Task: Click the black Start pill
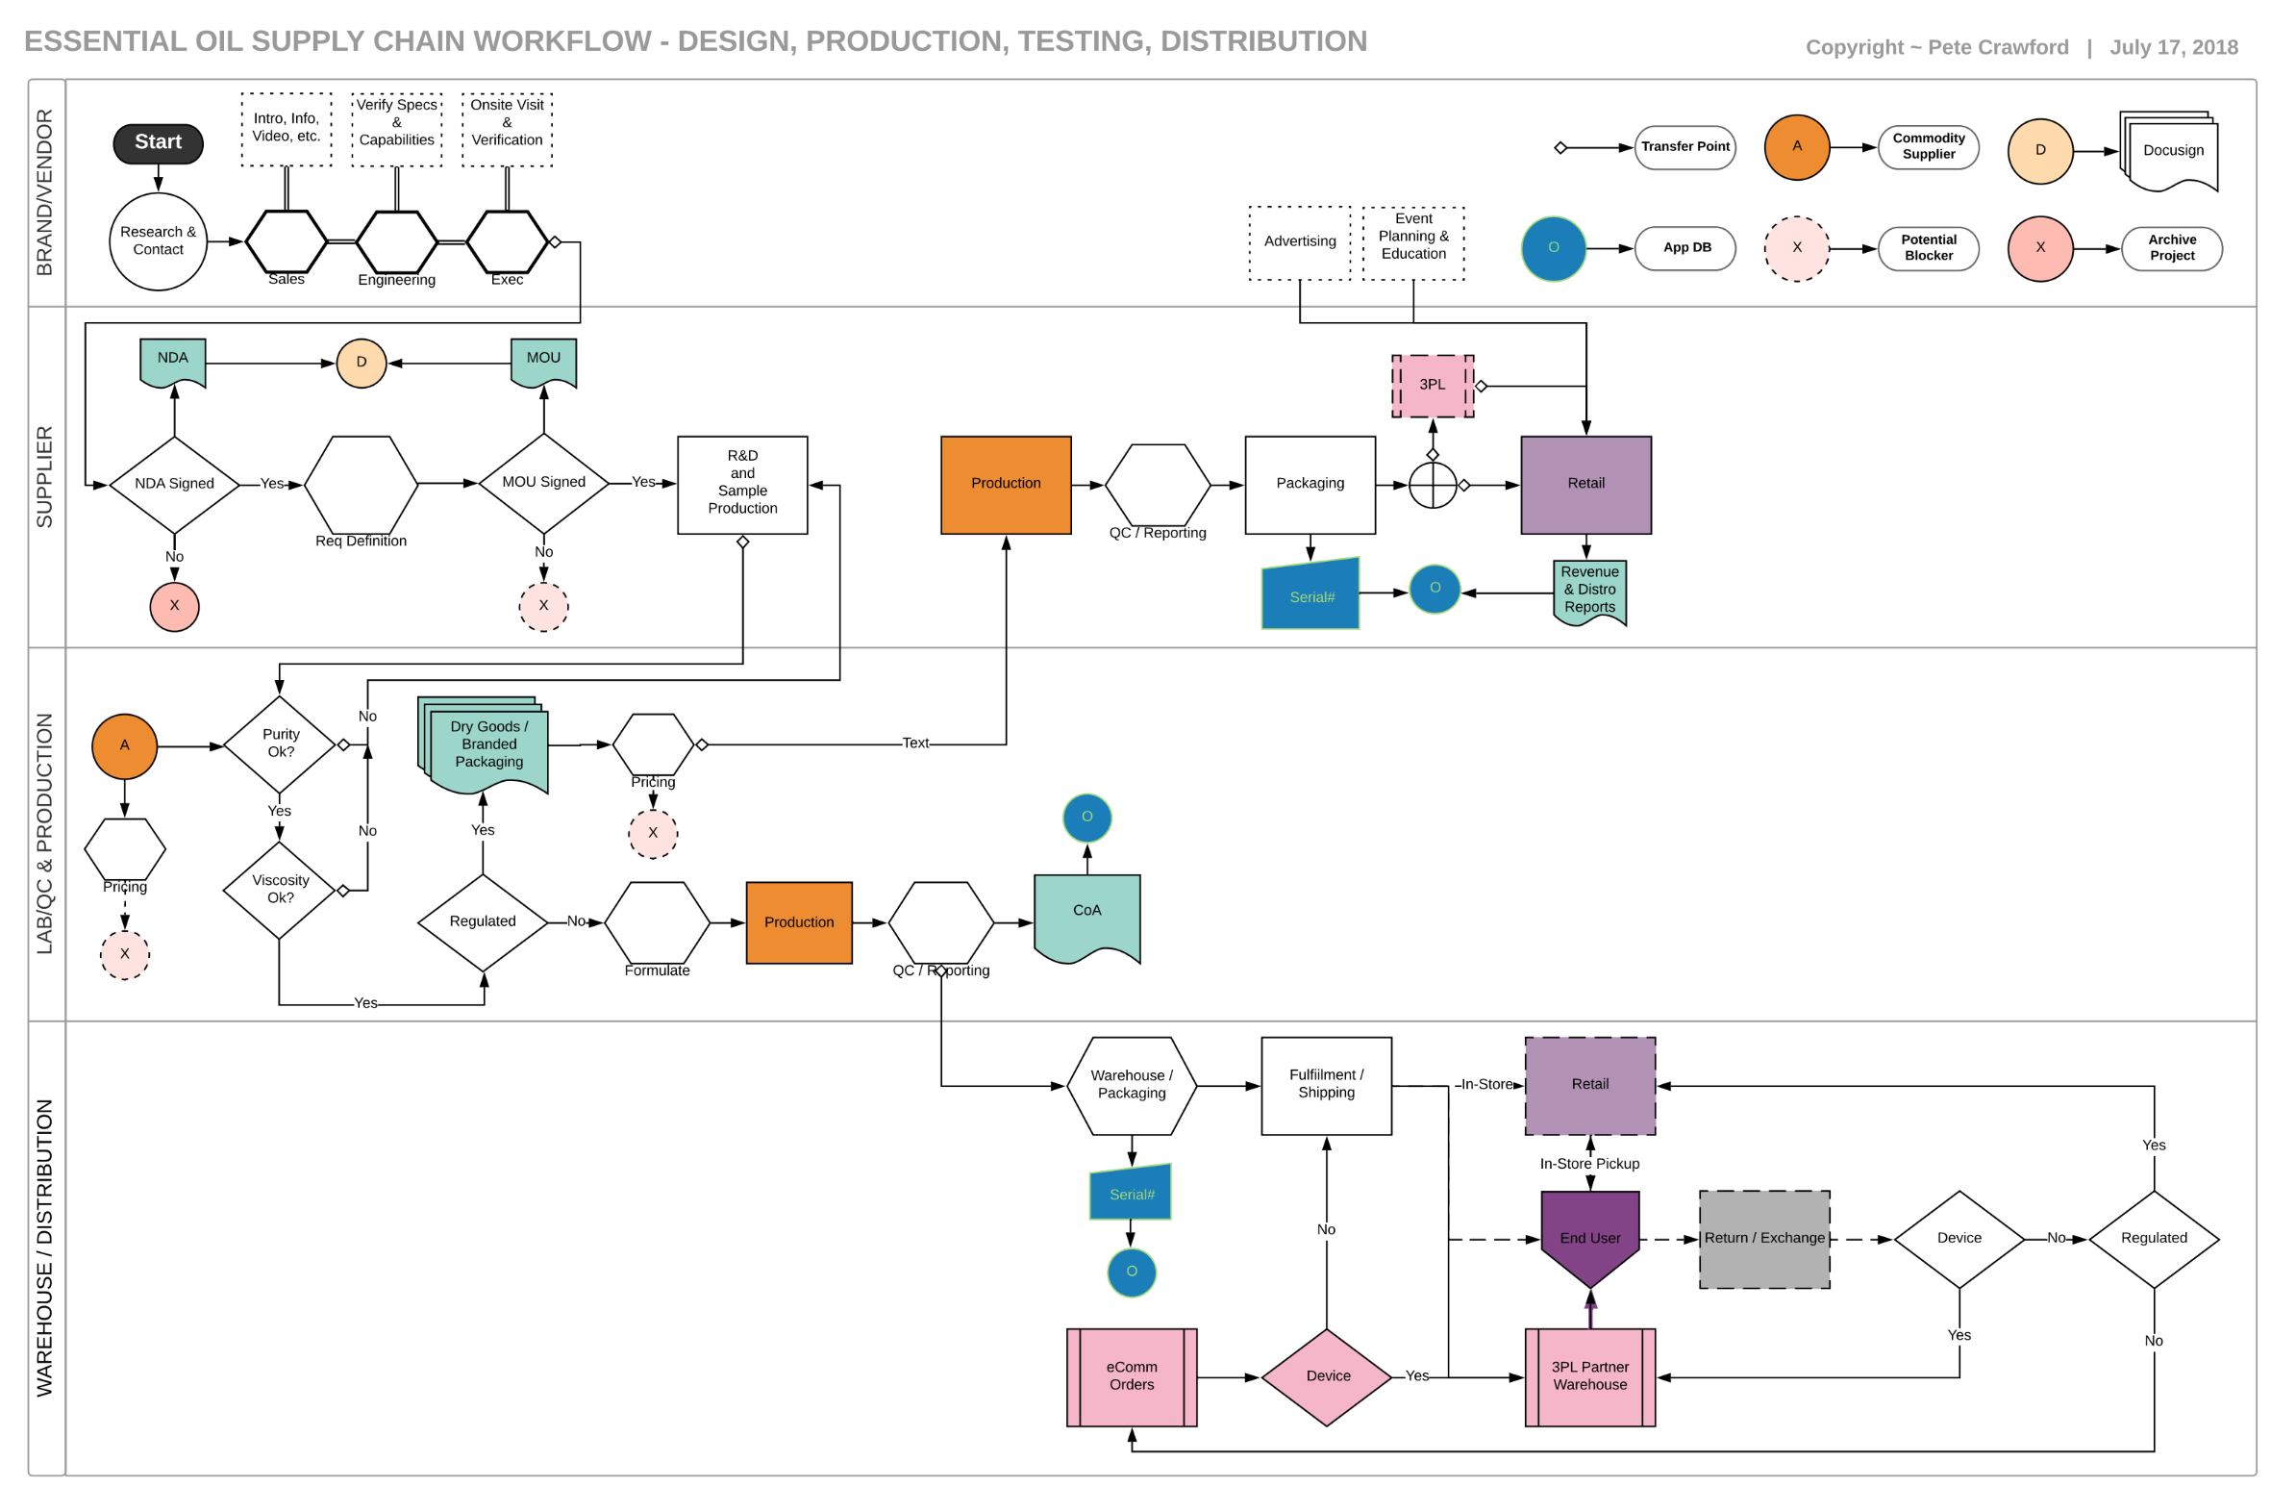point(159,142)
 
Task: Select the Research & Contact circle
point(159,241)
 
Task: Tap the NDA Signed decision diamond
point(175,485)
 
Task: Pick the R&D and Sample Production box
point(743,485)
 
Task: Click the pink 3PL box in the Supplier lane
point(1433,386)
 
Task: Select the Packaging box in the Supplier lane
point(1310,485)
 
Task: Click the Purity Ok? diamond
point(280,744)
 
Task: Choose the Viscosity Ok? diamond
point(280,890)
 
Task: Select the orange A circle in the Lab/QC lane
point(124,746)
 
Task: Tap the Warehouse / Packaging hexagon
point(1132,1086)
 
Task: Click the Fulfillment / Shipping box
point(1327,1086)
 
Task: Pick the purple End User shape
point(1590,1235)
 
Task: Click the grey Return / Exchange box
point(1764,1239)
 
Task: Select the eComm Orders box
point(1132,1377)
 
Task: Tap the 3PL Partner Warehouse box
point(1590,1377)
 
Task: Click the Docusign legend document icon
point(2171,153)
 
